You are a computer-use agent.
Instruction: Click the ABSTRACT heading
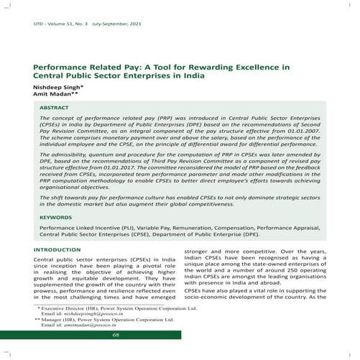[x=55, y=106]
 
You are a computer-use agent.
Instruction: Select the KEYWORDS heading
[x=56, y=216]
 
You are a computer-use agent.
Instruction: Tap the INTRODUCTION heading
[x=57, y=249]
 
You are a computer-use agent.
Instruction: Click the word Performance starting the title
[x=60, y=67]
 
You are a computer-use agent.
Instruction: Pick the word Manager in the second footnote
[x=55, y=320]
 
